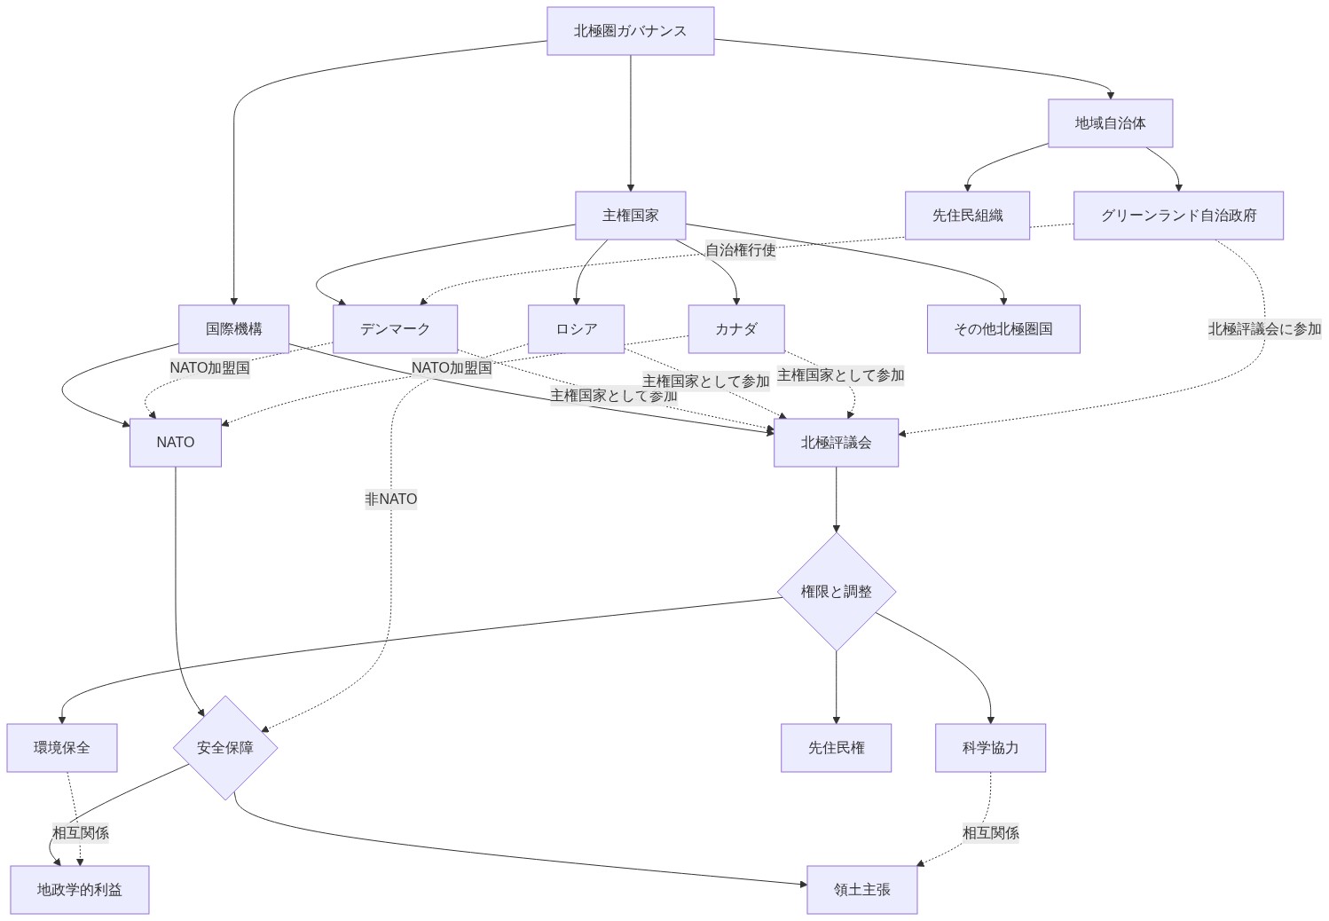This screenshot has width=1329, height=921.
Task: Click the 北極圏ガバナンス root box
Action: tap(630, 31)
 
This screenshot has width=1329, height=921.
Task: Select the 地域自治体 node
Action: tap(1110, 123)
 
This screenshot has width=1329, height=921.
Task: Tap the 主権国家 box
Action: tap(630, 216)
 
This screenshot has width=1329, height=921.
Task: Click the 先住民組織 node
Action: tap(967, 216)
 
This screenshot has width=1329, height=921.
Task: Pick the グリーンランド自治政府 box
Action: tap(1178, 216)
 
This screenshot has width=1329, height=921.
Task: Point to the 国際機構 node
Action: tap(233, 329)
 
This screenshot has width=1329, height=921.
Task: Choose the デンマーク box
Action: tap(395, 329)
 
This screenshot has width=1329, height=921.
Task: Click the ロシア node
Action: tap(576, 329)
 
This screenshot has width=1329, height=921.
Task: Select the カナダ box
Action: tap(735, 329)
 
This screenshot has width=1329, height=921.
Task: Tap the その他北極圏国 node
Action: tap(1003, 329)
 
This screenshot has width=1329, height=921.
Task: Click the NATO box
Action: tap(175, 443)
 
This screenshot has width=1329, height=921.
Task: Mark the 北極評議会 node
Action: tap(836, 443)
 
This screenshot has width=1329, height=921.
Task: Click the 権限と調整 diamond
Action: tap(836, 592)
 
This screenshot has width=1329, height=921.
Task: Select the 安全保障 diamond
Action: tap(225, 748)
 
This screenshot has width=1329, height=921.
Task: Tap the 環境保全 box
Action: tap(62, 748)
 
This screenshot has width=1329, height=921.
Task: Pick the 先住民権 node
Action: tap(836, 748)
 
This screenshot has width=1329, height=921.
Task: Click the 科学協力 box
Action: tap(990, 748)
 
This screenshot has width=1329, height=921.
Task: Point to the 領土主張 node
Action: tap(861, 890)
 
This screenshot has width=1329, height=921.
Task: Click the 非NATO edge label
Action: tap(390, 500)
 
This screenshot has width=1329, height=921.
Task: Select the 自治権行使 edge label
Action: tap(740, 250)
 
